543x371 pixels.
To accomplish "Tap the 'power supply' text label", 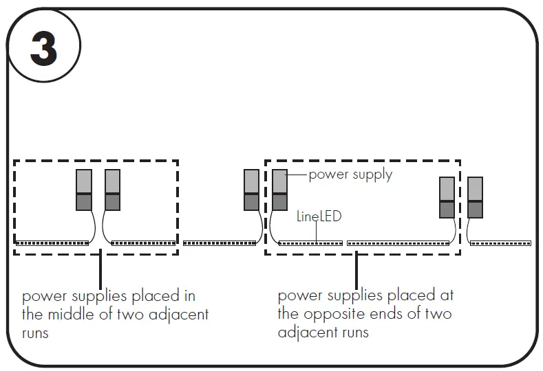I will pos(350,174).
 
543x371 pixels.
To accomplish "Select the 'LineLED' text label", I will pos(319,216).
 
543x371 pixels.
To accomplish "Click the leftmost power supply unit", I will pos(84,190).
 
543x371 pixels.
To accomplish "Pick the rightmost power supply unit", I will pos(476,198).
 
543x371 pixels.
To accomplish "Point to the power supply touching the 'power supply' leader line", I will pos(279,190).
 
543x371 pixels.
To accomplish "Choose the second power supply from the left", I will pos(113,190).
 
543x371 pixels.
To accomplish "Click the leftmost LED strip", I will pos(52,243).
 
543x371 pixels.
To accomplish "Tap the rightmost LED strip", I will pos(501,243).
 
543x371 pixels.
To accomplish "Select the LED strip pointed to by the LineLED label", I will pos(310,243).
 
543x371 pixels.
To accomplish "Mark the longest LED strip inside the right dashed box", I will pos(398,243).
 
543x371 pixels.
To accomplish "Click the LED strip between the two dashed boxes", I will pos(220,243).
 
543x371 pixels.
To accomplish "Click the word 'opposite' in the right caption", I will pos(326,315).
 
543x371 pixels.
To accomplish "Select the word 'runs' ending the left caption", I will pos(36,333).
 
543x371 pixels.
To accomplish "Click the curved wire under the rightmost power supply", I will pos(469,230).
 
